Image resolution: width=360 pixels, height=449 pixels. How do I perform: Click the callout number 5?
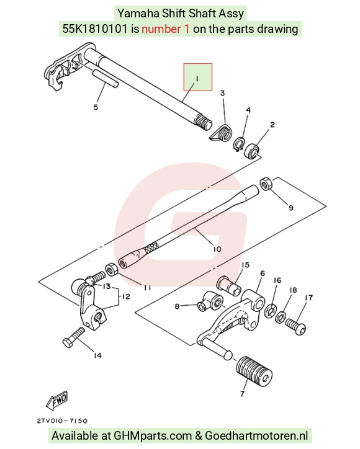point(96,107)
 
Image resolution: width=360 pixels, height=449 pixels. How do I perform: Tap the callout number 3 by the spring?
point(222,93)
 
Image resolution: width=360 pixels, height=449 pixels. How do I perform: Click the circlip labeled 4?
point(238,144)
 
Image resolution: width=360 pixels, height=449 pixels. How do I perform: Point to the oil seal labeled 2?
point(251,151)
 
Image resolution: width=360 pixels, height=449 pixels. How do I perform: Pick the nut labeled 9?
point(266,184)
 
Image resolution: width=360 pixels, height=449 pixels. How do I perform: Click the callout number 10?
point(217,249)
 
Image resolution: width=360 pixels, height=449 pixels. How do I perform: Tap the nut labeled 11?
point(111,270)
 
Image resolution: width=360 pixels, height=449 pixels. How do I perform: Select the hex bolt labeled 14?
point(74,337)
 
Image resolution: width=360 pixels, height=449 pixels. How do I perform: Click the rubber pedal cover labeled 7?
point(254,371)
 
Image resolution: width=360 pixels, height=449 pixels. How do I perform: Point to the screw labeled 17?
point(296,326)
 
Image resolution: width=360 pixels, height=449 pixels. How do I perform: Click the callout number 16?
point(277,280)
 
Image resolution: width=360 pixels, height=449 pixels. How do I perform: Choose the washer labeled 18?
point(281,317)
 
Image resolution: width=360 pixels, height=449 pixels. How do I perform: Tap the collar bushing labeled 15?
point(228,285)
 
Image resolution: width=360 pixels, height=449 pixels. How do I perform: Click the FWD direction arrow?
point(57,399)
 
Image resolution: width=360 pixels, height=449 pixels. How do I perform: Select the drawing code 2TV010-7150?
point(62,421)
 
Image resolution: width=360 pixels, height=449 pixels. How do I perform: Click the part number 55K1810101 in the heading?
point(95,29)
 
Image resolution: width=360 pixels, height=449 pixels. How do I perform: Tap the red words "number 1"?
point(165,29)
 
